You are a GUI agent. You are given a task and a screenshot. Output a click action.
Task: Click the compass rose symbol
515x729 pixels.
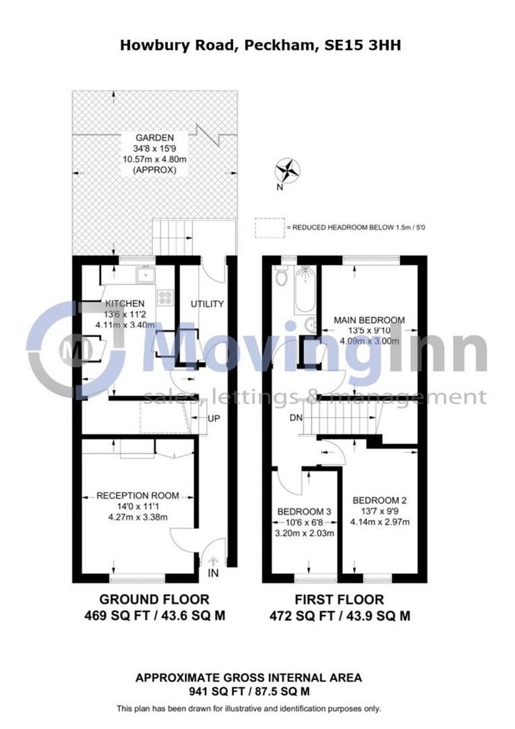click(x=287, y=169)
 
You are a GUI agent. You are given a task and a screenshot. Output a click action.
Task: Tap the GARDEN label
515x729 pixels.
click(x=154, y=137)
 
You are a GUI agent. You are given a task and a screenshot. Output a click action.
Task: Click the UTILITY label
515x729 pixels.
click(x=208, y=304)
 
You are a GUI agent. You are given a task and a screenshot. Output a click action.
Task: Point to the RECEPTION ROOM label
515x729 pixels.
click(x=137, y=496)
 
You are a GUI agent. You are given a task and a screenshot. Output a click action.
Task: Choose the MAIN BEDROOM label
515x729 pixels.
click(x=370, y=320)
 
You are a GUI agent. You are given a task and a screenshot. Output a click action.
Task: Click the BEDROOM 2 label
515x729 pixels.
click(x=380, y=500)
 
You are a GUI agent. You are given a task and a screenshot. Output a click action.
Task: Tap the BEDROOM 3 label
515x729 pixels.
click(x=304, y=512)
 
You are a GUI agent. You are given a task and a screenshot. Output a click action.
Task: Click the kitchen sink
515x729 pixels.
click(x=146, y=275)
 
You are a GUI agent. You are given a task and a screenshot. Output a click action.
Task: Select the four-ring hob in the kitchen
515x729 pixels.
click(x=165, y=298)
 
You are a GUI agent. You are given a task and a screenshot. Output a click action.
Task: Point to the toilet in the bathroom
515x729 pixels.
click(x=282, y=277)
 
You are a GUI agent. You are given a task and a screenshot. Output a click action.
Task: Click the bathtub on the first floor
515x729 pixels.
click(x=305, y=289)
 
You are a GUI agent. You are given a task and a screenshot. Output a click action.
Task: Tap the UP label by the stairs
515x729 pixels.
click(x=213, y=419)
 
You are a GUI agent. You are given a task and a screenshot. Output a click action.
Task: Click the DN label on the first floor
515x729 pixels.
click(x=296, y=418)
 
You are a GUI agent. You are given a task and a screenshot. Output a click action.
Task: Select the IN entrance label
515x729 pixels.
click(x=213, y=573)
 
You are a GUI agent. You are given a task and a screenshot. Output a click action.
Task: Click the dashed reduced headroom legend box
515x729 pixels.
click(x=269, y=228)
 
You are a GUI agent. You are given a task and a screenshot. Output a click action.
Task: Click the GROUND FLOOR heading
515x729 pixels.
click(x=154, y=599)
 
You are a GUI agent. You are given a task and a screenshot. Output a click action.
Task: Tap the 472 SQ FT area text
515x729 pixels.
click(x=302, y=617)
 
